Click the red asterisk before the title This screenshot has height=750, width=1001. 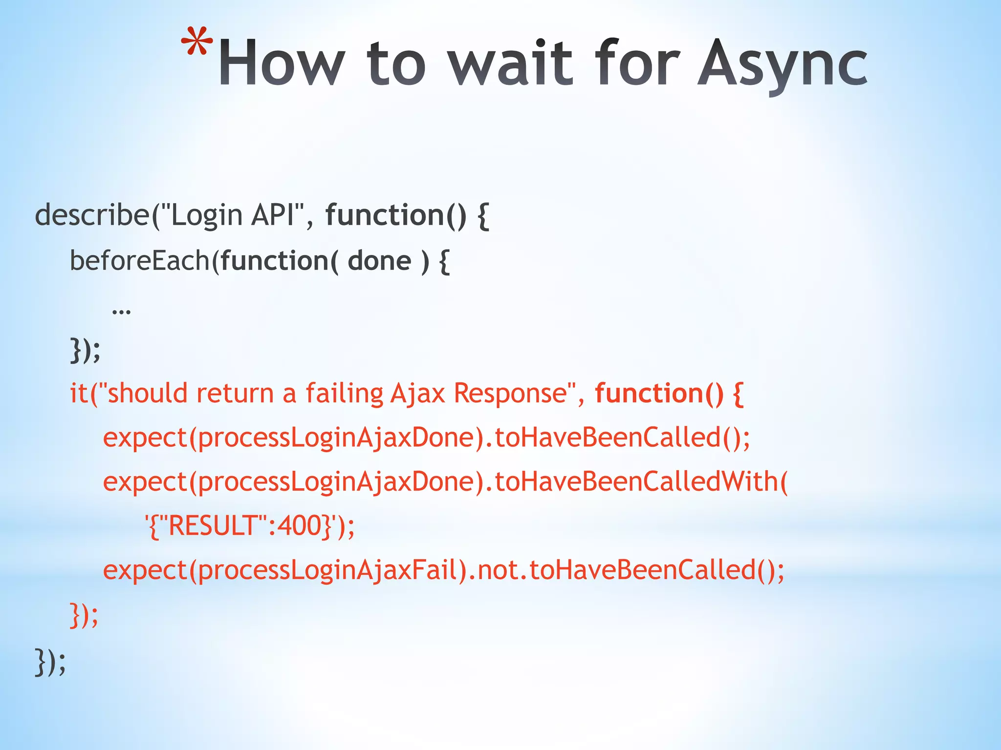[197, 43]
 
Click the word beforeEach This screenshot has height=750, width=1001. [140, 261]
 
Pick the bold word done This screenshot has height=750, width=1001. [379, 261]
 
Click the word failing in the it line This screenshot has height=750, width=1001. [344, 394]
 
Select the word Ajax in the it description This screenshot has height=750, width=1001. [418, 394]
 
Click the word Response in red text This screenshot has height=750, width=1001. [510, 394]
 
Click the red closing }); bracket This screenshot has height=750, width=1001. [84, 615]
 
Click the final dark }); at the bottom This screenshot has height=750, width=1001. [50, 662]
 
